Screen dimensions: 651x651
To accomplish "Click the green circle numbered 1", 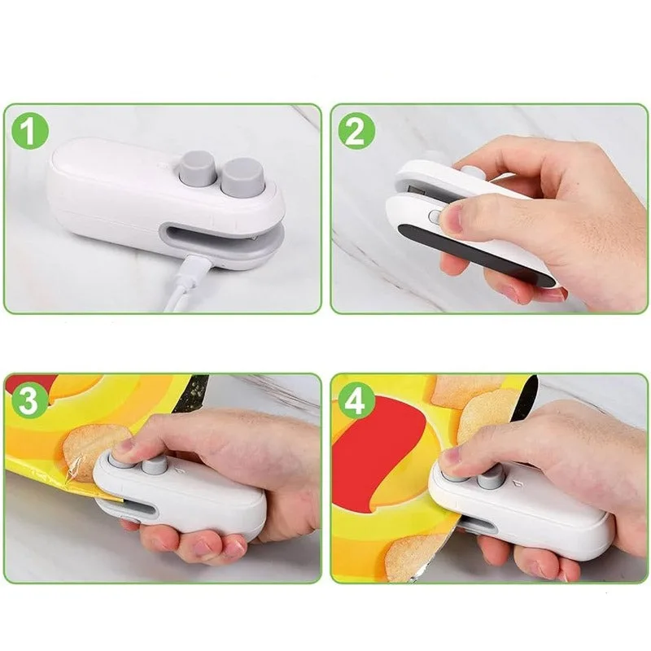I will (x=30, y=132).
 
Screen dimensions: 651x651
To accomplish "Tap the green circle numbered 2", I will (x=356, y=132).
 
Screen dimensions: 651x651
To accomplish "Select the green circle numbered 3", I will (x=30, y=401).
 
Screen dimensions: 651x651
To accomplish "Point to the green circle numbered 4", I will (x=356, y=401).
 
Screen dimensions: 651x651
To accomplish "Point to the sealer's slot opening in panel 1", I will (x=212, y=236).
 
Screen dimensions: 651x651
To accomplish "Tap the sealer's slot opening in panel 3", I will (x=134, y=510).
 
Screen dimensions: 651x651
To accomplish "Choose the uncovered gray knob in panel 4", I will (x=490, y=478).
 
